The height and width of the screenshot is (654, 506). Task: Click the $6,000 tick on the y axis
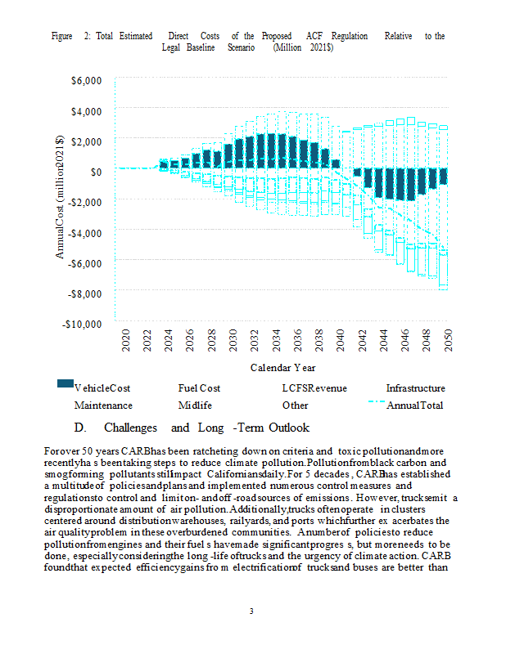[88, 80]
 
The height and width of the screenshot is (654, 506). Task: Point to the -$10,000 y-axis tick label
[84, 324]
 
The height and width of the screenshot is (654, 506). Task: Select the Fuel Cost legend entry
[199, 388]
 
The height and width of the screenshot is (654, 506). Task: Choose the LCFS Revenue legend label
[312, 388]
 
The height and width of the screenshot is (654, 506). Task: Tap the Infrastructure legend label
[415, 388]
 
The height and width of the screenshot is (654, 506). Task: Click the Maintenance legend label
[103, 405]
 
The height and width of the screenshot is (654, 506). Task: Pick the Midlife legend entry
[195, 405]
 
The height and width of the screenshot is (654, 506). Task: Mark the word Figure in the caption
[62, 37]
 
